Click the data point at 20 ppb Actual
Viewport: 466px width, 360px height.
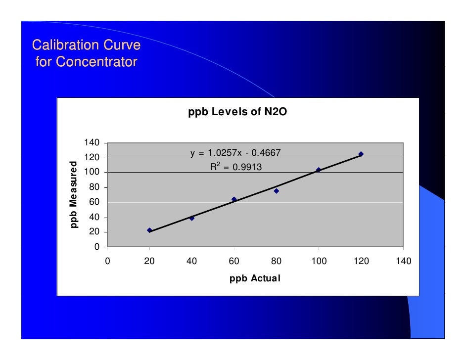pos(149,230)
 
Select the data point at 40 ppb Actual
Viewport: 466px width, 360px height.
pos(192,218)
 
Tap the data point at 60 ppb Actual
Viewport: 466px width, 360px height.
pos(234,199)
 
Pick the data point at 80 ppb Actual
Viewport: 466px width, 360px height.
pos(277,191)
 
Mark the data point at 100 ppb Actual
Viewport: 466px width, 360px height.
pos(319,170)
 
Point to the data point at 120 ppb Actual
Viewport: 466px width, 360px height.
pos(361,154)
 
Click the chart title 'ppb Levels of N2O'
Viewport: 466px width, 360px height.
pos(237,112)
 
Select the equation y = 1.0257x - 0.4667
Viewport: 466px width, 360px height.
pos(236,153)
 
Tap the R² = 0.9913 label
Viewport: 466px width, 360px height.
pos(236,167)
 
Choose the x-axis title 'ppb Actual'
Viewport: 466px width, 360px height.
pos(255,278)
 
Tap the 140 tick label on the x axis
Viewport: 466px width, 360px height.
pos(403,261)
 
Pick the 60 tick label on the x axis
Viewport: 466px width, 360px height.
pos(234,261)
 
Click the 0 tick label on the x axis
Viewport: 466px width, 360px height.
pos(107,261)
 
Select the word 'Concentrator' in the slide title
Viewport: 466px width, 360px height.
pos(96,62)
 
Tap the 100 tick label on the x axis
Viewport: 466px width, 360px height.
pos(319,261)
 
